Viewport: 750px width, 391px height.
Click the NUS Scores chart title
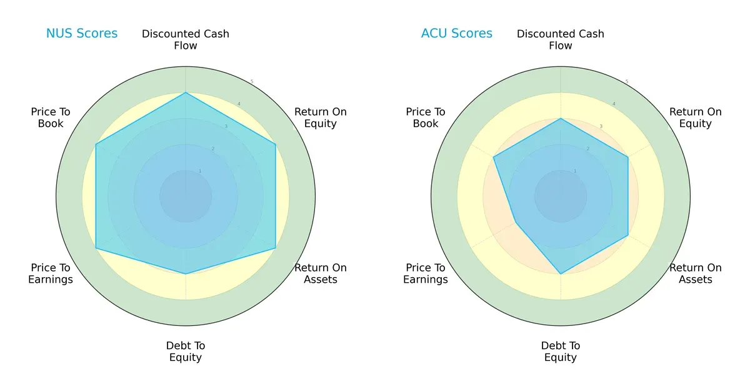82,33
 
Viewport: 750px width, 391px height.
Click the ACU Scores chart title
457,33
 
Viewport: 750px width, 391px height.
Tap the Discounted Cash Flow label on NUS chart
186,39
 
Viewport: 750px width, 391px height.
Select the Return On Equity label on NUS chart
321,118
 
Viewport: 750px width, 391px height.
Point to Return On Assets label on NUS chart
321,273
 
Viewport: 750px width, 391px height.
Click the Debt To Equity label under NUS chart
186,352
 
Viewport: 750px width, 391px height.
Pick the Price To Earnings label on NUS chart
51,273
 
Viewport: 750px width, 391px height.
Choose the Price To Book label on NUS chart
51,118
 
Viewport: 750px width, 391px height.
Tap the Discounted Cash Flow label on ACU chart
561,39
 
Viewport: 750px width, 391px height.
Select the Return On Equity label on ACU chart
696,118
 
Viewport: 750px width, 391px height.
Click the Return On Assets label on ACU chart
696,273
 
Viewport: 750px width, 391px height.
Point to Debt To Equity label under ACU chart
561,352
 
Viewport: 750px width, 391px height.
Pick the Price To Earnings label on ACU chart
426,273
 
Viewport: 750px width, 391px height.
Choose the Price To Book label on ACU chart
426,118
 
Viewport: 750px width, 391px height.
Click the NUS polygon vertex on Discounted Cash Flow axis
186,93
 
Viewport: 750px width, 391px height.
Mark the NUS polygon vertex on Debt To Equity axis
186,273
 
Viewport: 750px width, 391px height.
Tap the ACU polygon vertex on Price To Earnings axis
516,222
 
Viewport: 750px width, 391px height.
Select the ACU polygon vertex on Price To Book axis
494,157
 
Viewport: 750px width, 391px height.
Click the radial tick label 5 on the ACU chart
627,82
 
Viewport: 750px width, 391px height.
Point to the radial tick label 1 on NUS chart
200,171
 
